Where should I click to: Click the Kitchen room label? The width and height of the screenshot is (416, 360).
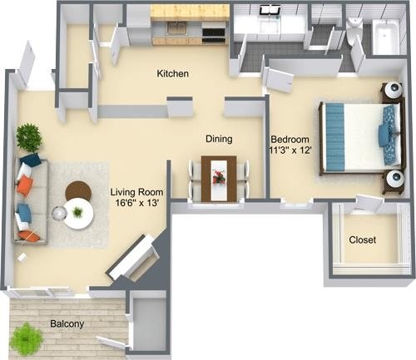click(173, 74)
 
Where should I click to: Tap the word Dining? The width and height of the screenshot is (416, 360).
click(218, 139)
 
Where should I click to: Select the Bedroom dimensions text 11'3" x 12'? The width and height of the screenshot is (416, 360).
click(290, 151)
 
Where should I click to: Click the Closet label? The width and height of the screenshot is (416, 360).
click(362, 239)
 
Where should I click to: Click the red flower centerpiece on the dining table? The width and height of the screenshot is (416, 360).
click(219, 176)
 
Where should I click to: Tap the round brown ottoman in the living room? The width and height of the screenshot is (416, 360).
click(78, 190)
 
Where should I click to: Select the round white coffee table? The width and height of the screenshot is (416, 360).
click(79, 213)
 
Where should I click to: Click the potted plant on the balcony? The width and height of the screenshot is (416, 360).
click(27, 338)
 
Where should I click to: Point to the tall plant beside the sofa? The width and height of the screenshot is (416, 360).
click(29, 137)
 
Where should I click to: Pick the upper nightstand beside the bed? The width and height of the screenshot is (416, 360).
click(390, 92)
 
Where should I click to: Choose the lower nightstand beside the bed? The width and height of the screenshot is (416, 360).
click(392, 180)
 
